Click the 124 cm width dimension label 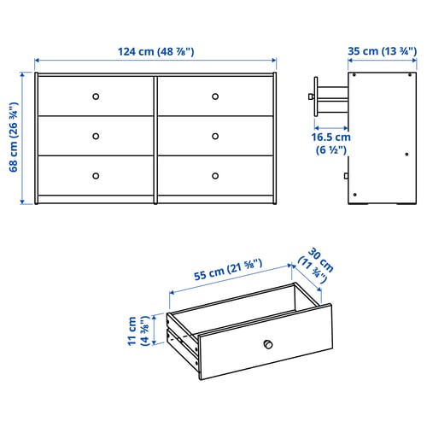tap(155, 50)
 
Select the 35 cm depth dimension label tap(382, 50)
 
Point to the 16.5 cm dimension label tap(330, 143)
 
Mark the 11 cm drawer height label tap(137, 331)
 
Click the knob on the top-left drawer tap(96, 95)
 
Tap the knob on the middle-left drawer tap(96, 135)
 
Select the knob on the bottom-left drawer tap(96, 175)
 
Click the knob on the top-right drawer tap(215, 95)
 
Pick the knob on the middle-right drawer tap(215, 135)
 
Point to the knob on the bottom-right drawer tap(215, 175)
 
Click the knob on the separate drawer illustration tap(267, 344)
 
